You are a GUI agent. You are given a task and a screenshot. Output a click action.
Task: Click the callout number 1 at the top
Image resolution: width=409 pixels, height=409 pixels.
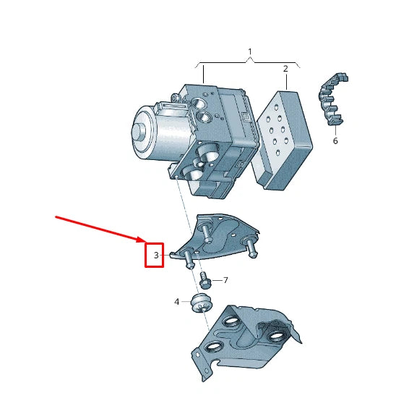250,52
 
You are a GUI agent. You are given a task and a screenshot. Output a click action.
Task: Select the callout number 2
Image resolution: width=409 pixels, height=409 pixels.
285,69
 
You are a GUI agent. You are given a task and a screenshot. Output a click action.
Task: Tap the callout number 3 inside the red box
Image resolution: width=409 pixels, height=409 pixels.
155,256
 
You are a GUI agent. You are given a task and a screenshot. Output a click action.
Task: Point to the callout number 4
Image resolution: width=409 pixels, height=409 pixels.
176,301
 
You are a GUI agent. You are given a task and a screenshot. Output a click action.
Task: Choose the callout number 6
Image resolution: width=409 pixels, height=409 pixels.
335,141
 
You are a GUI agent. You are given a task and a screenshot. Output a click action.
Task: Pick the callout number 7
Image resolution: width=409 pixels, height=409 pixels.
225,279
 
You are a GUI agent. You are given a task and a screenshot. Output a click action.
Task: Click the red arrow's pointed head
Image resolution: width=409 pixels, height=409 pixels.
145,240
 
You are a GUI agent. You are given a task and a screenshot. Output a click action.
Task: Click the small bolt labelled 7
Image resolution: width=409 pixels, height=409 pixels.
204,280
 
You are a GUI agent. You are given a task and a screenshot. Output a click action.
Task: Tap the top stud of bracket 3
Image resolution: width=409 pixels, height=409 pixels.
207,230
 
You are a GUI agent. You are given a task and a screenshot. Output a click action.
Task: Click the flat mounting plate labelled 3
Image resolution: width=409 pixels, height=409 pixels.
220,239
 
